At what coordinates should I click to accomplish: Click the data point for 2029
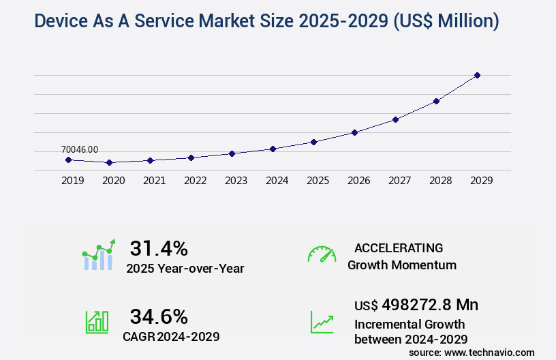(x=477, y=75)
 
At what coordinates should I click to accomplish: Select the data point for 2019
(x=68, y=160)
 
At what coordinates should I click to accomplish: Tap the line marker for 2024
(x=273, y=149)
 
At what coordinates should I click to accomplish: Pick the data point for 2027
(x=395, y=119)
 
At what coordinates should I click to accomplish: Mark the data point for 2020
(x=109, y=163)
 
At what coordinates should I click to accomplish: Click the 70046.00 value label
(x=80, y=149)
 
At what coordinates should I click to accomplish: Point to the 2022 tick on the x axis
(x=195, y=181)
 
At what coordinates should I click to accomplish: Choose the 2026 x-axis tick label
(x=358, y=181)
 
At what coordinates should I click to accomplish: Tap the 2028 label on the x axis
(x=440, y=181)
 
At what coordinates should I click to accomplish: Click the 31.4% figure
(x=159, y=247)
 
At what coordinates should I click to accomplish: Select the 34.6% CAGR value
(x=159, y=316)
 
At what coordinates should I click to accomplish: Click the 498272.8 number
(x=420, y=304)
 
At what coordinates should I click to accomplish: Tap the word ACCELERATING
(x=399, y=247)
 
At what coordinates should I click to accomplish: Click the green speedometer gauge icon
(x=322, y=254)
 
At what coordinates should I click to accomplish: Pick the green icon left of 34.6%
(x=97, y=322)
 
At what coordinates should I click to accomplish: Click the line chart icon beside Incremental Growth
(x=322, y=322)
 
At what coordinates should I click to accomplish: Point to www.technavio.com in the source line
(x=489, y=352)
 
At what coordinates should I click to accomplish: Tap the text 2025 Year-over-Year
(x=185, y=269)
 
